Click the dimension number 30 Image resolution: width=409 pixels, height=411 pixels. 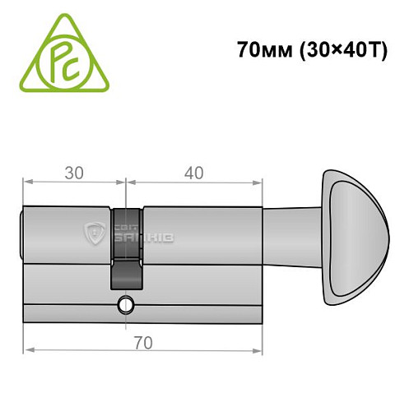click(x=74, y=174)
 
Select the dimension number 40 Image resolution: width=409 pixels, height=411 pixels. click(x=195, y=174)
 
